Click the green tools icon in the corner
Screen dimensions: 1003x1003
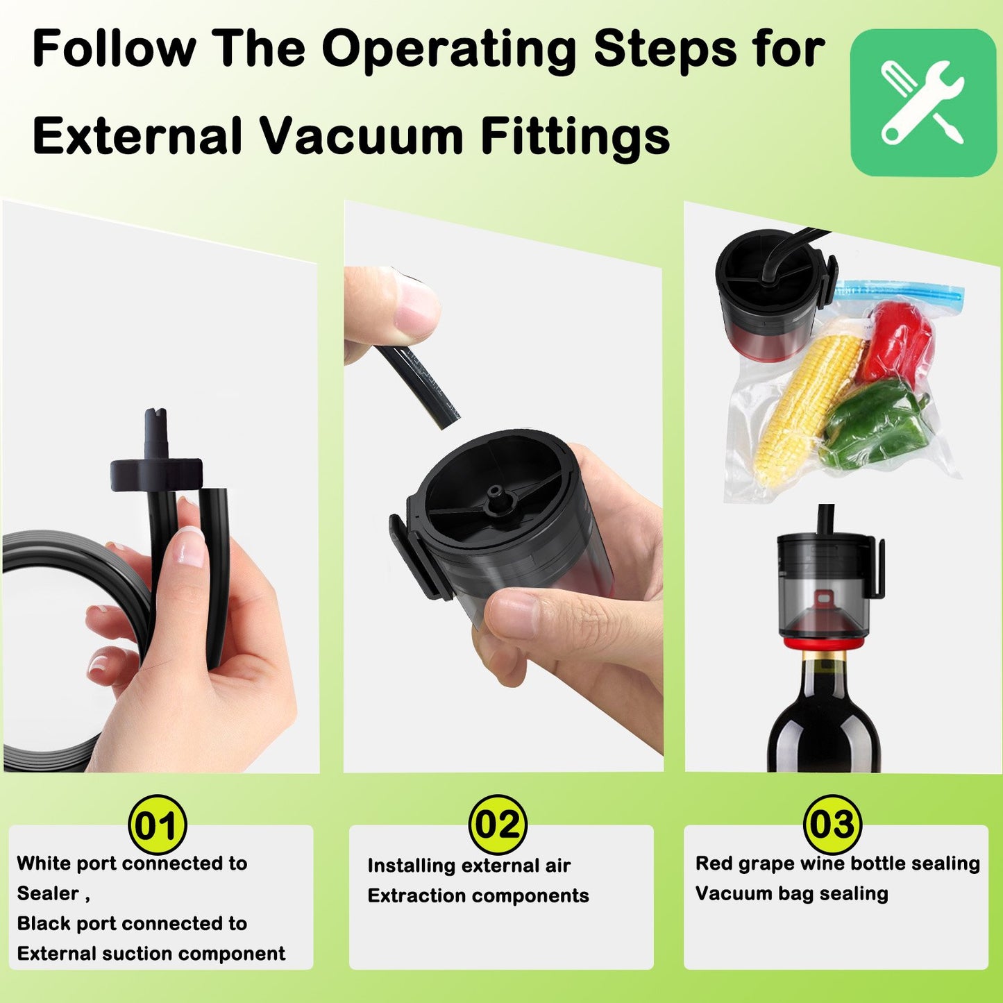coord(923,103)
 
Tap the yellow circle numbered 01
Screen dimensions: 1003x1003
coord(157,825)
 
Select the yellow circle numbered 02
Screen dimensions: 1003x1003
coord(498,825)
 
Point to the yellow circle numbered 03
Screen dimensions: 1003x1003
coord(832,825)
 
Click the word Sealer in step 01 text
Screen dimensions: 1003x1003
coord(48,893)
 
